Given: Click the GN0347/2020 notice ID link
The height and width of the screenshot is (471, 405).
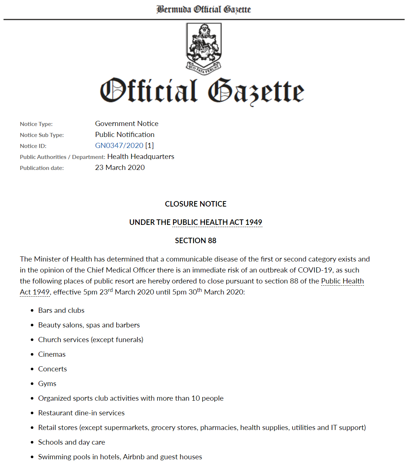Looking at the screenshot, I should pos(119,145).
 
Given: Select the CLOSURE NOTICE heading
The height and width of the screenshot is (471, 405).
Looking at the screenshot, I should pos(196,204).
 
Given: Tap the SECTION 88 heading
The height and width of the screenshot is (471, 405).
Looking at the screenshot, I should pos(196,241).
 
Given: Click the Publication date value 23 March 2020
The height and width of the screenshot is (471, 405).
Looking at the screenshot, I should pos(120,167).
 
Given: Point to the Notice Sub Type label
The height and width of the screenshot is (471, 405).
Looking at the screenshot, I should pos(42,135).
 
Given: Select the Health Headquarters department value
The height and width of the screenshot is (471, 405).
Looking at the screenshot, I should pos(141,156).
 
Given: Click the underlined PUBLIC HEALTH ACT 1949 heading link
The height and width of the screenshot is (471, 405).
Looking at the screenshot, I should pos(217,222).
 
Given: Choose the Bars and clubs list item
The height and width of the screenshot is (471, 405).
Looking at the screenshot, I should pos(61,310).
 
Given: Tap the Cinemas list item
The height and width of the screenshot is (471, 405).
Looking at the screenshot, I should pos(52,354).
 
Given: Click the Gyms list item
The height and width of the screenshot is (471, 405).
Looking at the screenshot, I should pos(47,383).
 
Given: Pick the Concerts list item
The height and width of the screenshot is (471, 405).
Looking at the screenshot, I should pos(52,369).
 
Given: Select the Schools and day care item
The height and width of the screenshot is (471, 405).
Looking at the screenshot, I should pos(71,442).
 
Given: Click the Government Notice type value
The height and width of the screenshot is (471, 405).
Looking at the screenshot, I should pos(127,123).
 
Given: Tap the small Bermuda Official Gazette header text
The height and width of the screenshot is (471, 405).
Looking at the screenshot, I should pos(204,9).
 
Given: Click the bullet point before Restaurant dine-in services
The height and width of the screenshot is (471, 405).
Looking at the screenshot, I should pos(32,413).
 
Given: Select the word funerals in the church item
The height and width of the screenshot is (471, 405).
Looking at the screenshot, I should pos(128,340).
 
